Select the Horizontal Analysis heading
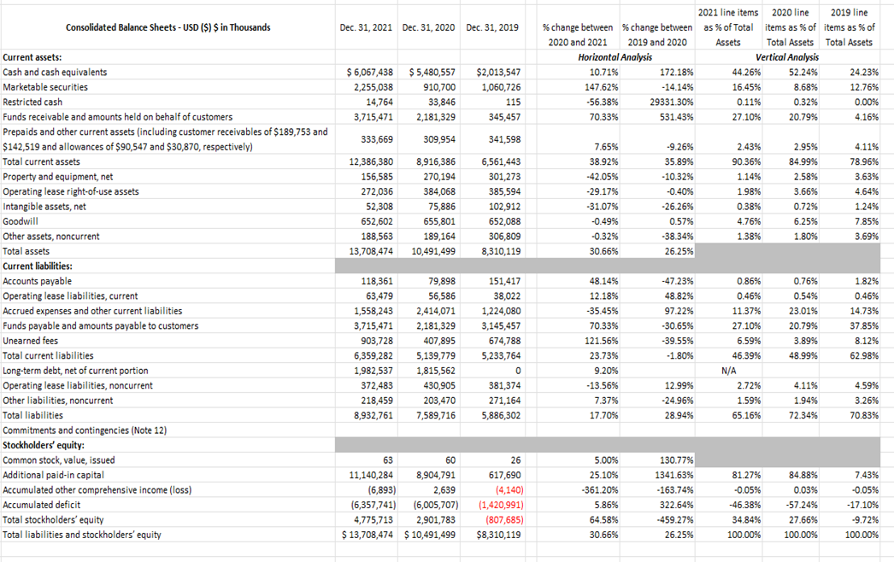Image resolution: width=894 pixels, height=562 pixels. click(x=615, y=57)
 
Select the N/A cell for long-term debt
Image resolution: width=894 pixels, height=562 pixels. click(x=728, y=371)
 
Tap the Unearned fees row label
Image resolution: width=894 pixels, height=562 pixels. click(x=28, y=341)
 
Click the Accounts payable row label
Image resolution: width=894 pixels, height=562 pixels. click(x=37, y=281)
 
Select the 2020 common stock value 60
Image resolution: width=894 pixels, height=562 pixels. click(x=450, y=460)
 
